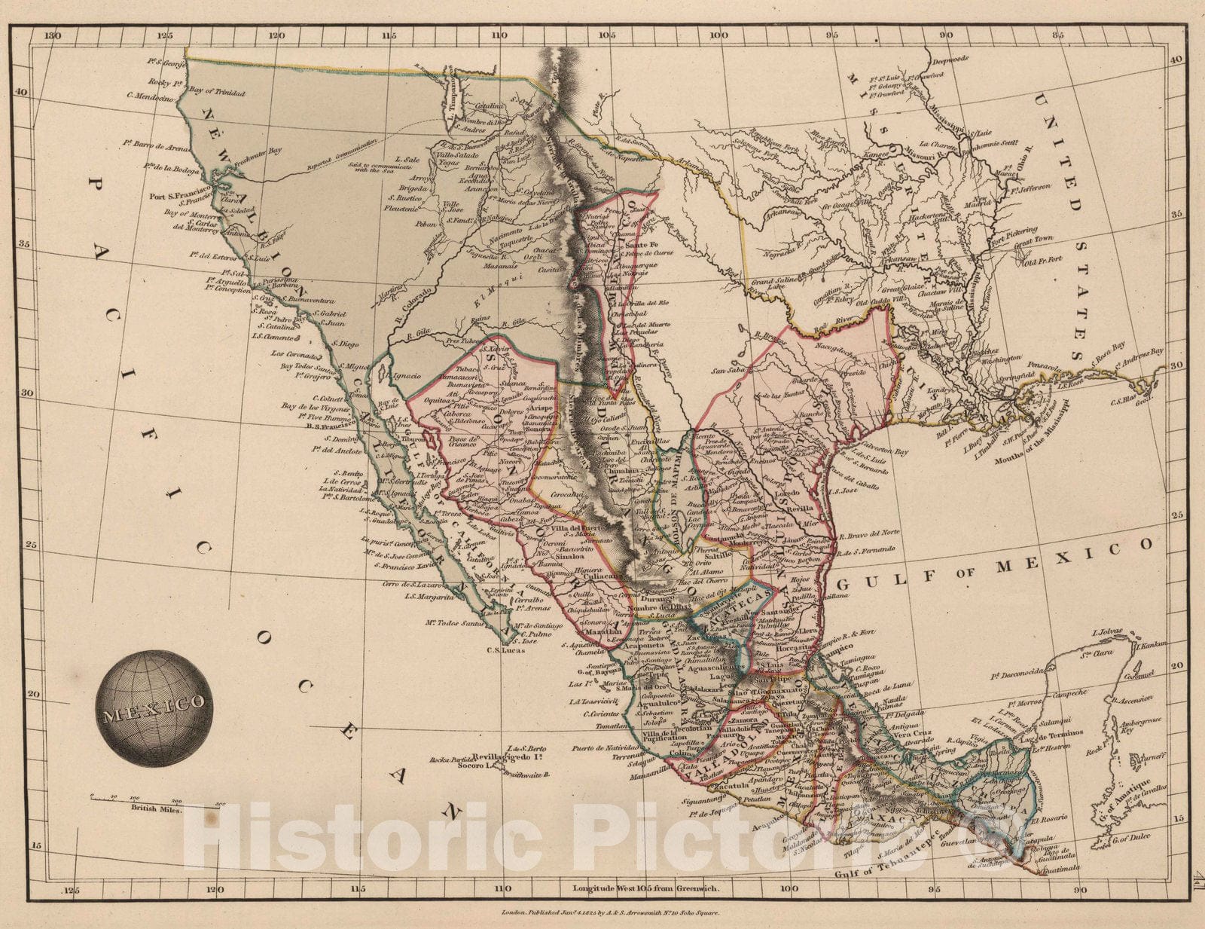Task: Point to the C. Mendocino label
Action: (151, 95)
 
